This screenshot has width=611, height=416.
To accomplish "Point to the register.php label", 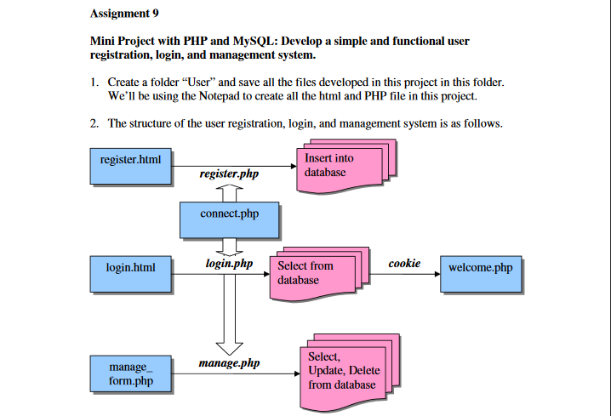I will (228, 174).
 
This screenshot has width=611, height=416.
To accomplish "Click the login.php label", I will (229, 264).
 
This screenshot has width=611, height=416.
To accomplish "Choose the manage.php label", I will (229, 363).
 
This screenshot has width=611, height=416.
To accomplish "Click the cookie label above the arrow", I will (404, 264).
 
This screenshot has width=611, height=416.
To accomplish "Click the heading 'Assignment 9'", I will (123, 14).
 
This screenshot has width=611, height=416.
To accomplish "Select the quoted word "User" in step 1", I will (189, 83).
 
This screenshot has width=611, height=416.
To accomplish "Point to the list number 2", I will (94, 124).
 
